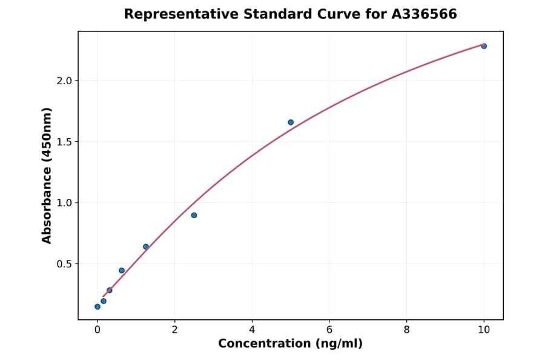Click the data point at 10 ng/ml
[x=484, y=46]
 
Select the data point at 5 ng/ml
[x=291, y=122]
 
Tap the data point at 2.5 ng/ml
[x=194, y=215]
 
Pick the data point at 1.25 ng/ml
[x=146, y=247]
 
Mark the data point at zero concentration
[x=97, y=307]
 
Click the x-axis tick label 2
[x=174, y=330]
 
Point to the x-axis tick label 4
[x=252, y=330]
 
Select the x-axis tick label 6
[x=329, y=330]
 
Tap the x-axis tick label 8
[x=406, y=330]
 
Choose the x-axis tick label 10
[x=484, y=330]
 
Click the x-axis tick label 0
[x=97, y=330]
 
